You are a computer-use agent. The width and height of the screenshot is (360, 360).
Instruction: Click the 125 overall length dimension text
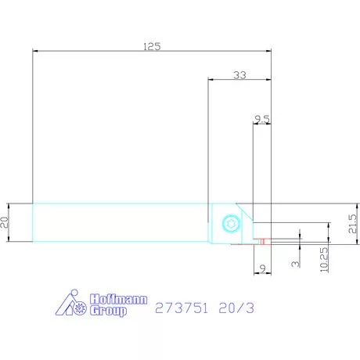[152, 46]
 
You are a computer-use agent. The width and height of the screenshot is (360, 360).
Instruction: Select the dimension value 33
[239, 74]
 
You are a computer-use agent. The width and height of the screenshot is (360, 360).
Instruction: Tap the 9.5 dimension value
[262, 119]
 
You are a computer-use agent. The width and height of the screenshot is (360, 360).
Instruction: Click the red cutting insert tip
[264, 240]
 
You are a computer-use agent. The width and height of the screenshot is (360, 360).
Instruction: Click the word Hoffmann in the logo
[116, 299]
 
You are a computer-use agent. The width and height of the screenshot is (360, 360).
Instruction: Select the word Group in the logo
[107, 311]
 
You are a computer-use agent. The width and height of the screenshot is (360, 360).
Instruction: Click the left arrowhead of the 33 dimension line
[211, 80]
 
